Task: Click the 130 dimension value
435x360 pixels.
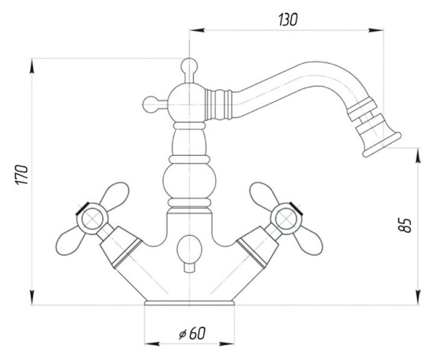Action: (287, 20)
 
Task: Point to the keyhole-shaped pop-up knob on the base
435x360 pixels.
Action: (188, 250)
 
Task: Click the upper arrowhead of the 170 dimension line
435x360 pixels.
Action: (32, 65)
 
